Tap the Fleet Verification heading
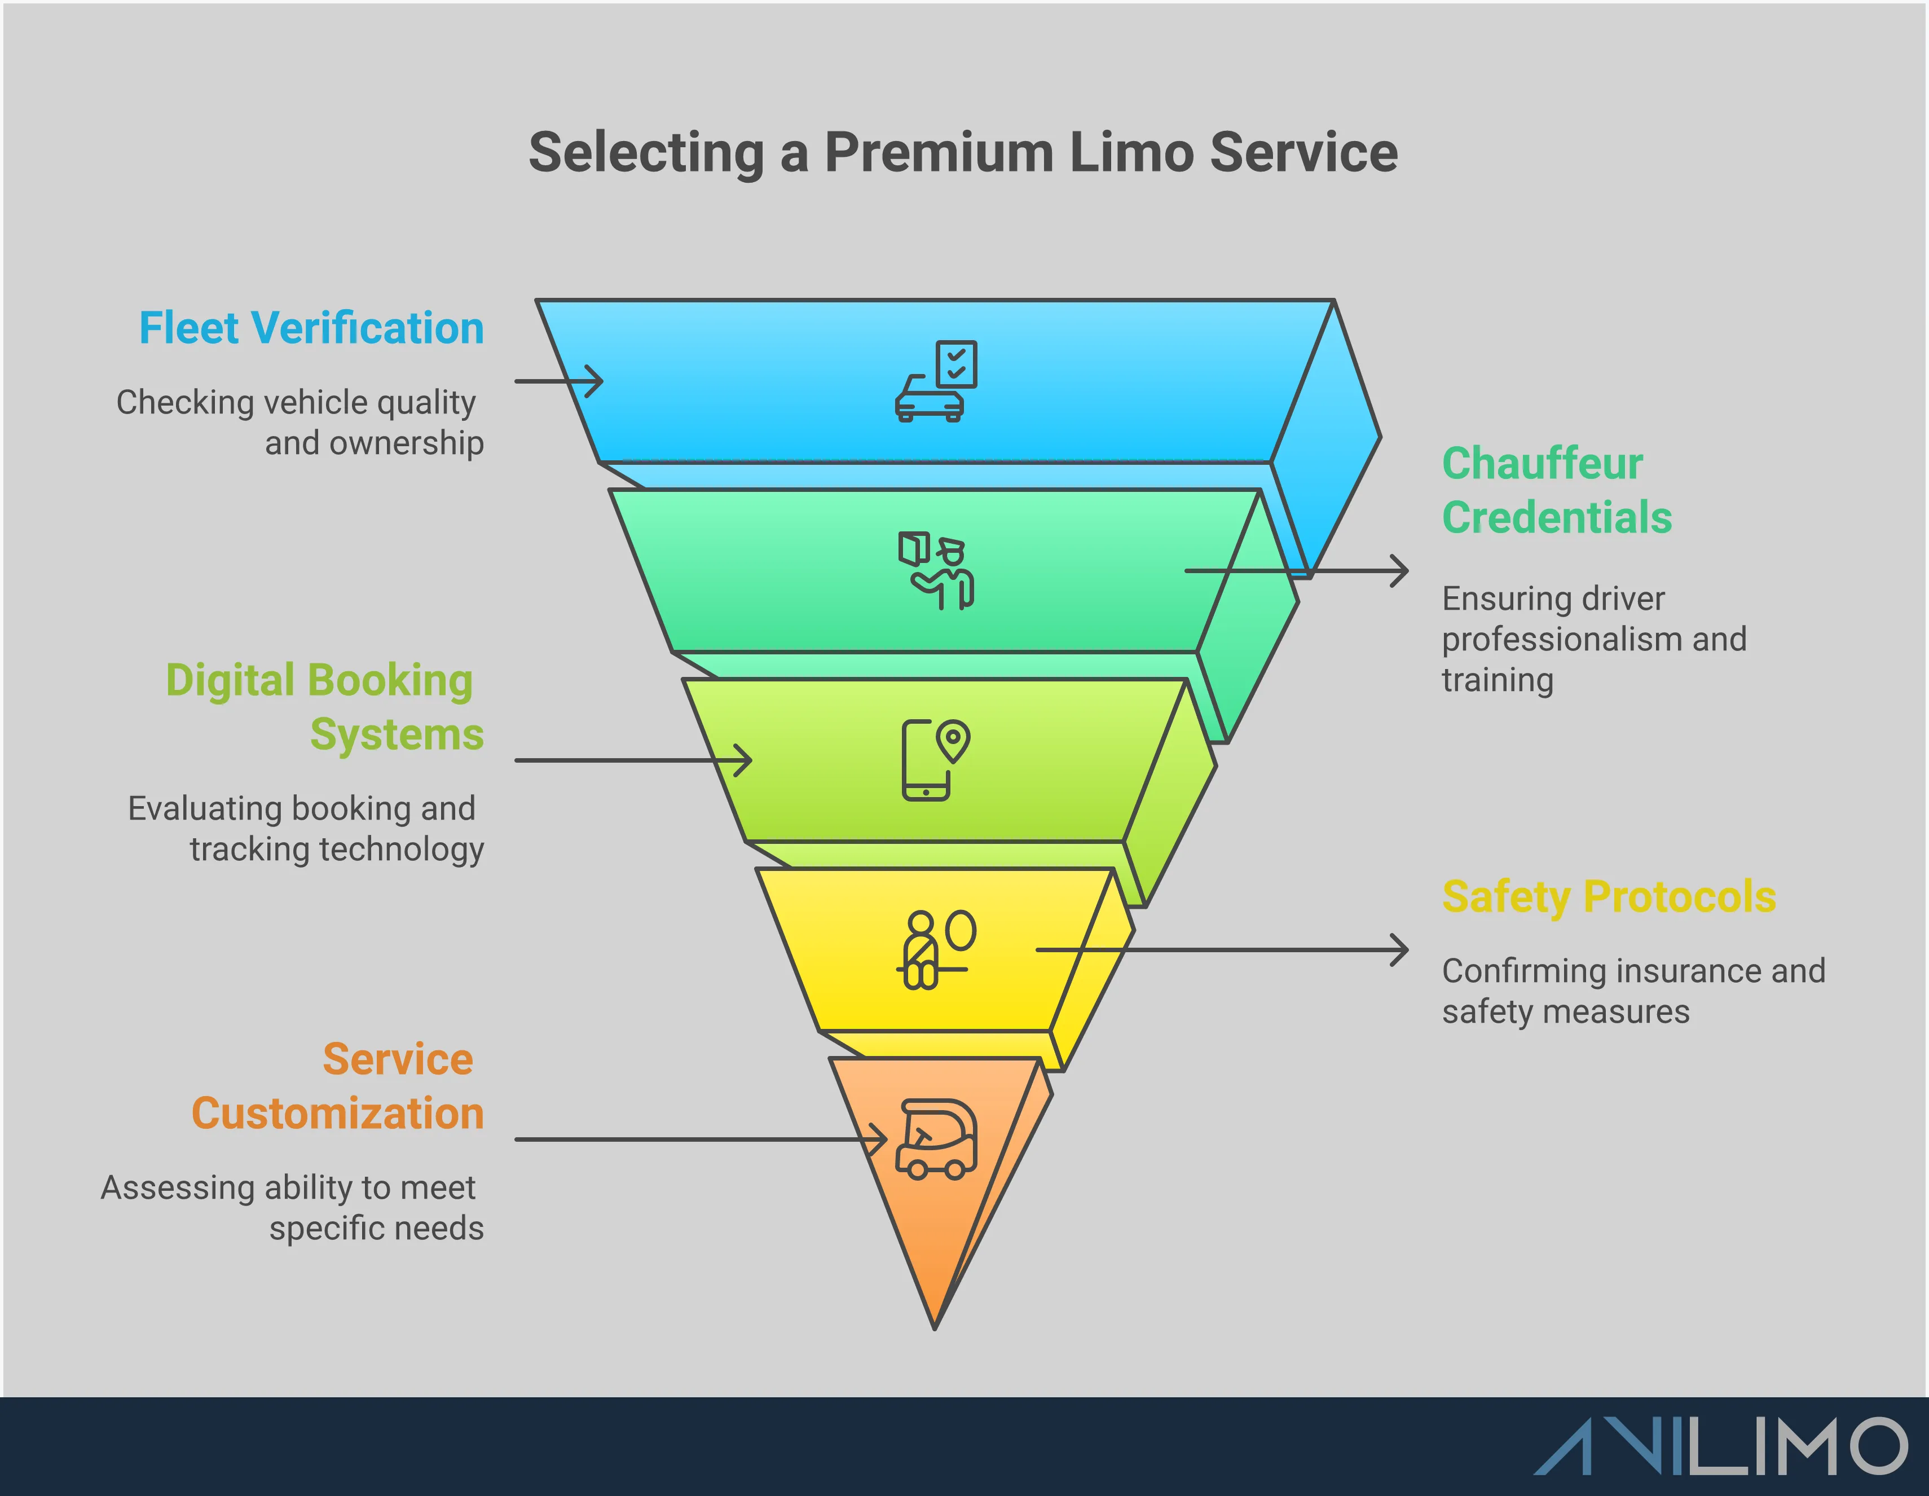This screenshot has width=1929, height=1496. click(312, 328)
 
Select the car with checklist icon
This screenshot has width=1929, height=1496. click(936, 381)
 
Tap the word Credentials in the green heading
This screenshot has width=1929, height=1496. click(1556, 517)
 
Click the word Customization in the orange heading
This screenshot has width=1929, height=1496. click(337, 1114)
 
